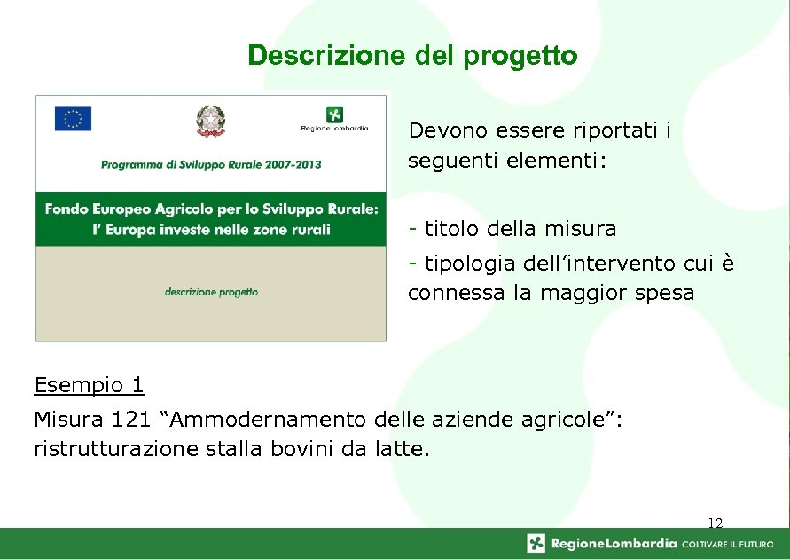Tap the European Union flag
point(73,119)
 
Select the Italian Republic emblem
point(211,121)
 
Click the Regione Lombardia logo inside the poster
point(334,119)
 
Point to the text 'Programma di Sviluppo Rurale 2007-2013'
point(211,164)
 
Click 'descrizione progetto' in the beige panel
point(211,291)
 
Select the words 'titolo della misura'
point(520,229)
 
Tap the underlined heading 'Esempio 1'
point(89,385)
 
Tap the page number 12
point(716,524)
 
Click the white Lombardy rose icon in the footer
point(536,543)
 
